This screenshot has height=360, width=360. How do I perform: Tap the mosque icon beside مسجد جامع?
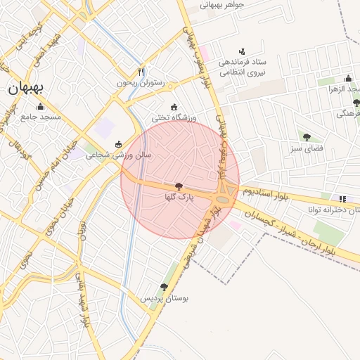(39, 107)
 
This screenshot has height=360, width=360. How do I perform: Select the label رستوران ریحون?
(141, 83)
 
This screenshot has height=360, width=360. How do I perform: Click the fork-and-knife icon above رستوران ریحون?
(141, 72)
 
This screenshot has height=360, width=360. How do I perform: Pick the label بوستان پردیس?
(166, 298)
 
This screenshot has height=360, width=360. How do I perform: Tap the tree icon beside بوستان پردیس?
(164, 287)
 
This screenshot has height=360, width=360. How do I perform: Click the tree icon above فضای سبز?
(306, 136)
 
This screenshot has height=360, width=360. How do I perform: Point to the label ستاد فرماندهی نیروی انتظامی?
(242, 67)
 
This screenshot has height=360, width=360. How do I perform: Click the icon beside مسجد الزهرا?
(348, 79)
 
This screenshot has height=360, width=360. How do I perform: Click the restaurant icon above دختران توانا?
(342, 198)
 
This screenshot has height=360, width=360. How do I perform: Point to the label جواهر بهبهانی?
(222, 5)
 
